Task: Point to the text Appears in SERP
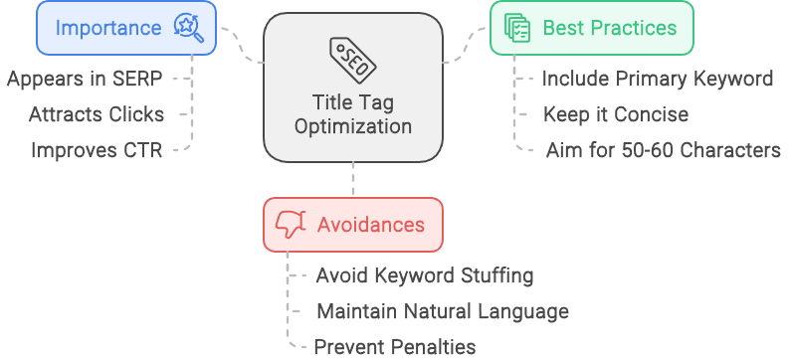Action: pyautogui.click(x=85, y=79)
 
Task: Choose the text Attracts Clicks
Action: pyautogui.click(x=97, y=114)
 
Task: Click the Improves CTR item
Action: pyautogui.click(x=97, y=151)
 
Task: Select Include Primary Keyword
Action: pyautogui.click(x=657, y=79)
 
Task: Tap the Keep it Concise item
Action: pyautogui.click(x=615, y=114)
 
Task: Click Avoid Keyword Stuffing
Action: pyautogui.click(x=425, y=275)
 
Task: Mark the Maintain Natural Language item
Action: pyautogui.click(x=443, y=311)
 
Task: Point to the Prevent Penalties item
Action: pyautogui.click(x=395, y=347)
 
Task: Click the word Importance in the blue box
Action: pyautogui.click(x=109, y=27)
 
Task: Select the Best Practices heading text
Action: pyautogui.click(x=609, y=27)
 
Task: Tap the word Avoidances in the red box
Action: pyautogui.click(x=370, y=224)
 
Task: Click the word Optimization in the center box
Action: pyautogui.click(x=353, y=126)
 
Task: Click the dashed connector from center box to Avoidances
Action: pyautogui.click(x=353, y=181)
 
